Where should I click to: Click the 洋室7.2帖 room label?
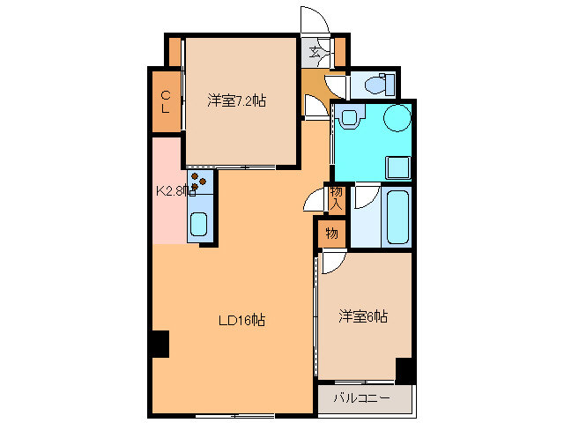point(237,100)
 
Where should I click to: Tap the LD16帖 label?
point(241,321)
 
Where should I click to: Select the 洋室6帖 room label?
point(364,316)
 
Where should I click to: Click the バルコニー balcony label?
point(361,398)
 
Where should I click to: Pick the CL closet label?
point(165,102)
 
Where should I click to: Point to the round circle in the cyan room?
point(397,117)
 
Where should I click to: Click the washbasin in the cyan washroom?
point(351,117)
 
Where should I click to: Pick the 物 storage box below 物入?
point(330,234)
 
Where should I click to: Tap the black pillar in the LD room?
point(158,345)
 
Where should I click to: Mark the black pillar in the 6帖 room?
point(404,370)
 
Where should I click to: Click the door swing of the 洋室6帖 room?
point(332,262)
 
